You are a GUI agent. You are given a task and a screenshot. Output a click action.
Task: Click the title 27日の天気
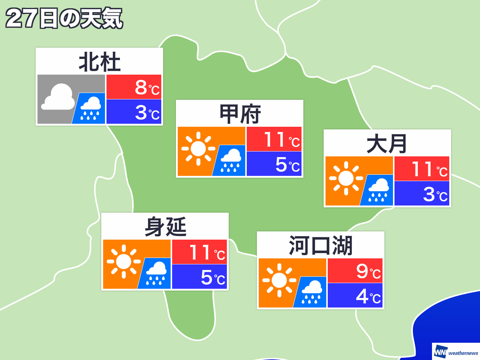pos(64,18)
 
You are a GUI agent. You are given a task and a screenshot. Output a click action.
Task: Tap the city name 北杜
pos(99,62)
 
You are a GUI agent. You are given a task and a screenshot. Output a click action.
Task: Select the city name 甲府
pos(240,114)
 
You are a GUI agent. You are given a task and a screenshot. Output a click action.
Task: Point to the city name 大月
pos(387,144)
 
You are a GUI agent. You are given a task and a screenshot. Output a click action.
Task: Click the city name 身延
pos(165,227)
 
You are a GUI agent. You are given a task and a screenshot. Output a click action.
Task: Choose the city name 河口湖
pos(321,246)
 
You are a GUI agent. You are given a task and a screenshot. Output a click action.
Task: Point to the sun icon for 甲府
pos(198,148)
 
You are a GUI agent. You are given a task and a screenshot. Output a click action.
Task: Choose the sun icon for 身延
pos(123,261)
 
